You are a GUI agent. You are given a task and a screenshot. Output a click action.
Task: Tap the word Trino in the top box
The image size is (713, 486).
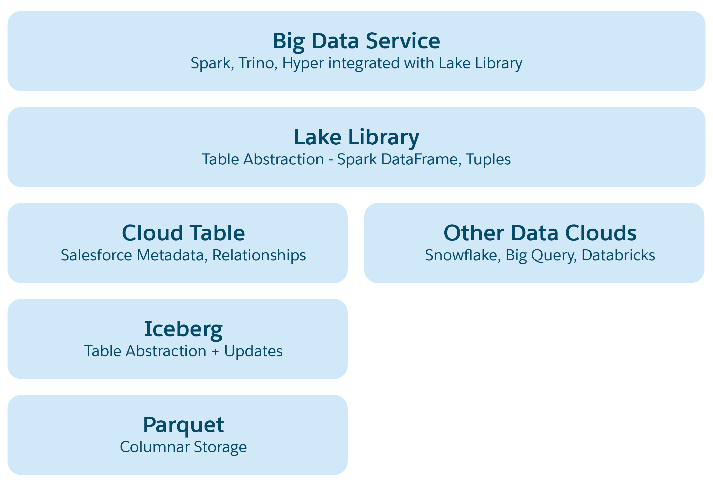tap(256, 63)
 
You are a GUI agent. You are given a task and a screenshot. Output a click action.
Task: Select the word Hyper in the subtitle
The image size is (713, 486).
tap(303, 64)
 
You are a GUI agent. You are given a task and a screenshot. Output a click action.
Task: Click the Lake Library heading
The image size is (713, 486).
tap(356, 137)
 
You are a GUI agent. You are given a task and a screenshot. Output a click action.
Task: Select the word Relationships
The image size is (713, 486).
tap(259, 255)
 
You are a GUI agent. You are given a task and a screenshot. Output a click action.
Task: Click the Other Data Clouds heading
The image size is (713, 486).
tap(540, 233)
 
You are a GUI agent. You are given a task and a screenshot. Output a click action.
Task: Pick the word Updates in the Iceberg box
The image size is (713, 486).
tap(253, 351)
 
